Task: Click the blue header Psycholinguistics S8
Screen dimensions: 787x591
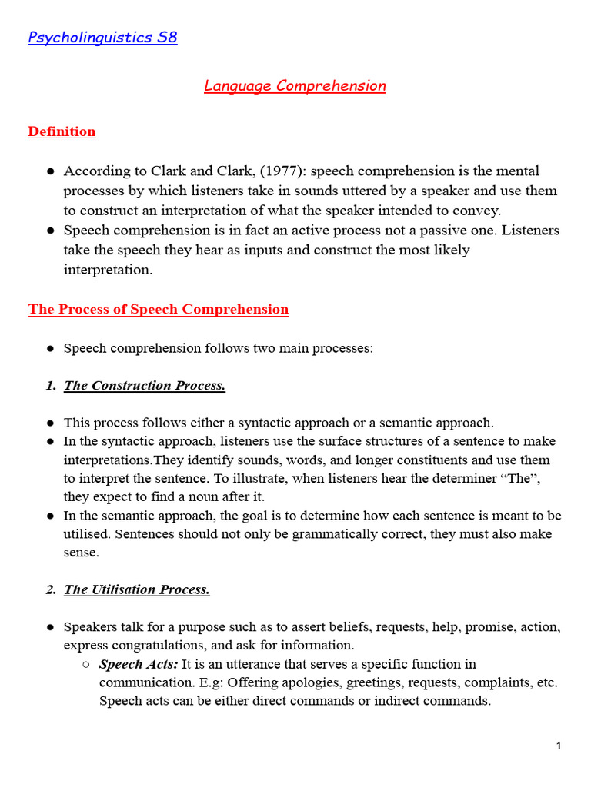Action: (102, 38)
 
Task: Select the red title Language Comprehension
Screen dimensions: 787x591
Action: (295, 85)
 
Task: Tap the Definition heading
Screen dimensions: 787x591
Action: (62, 131)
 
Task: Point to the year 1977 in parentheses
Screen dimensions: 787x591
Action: (279, 171)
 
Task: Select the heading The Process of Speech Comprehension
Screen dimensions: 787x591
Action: (159, 309)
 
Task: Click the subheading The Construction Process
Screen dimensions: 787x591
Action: (145, 385)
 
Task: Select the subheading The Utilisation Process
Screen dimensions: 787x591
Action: (137, 589)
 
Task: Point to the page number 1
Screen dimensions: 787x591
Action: (559, 745)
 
